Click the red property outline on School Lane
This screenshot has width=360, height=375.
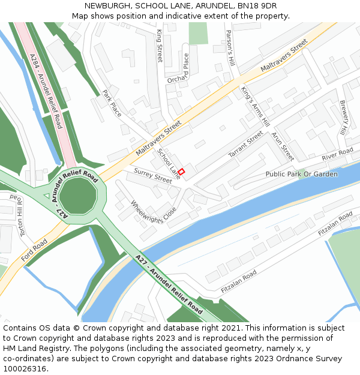pos(181,172)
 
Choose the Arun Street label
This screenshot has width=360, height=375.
pos(283,146)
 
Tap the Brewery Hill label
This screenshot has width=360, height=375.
pos(343,118)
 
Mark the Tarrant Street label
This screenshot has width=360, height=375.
pos(245,145)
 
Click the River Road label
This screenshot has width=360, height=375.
pos(337,155)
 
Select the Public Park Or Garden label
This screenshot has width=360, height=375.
pos(301,174)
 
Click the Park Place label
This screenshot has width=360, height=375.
pos(112,104)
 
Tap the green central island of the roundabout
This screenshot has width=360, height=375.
pos(77,196)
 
